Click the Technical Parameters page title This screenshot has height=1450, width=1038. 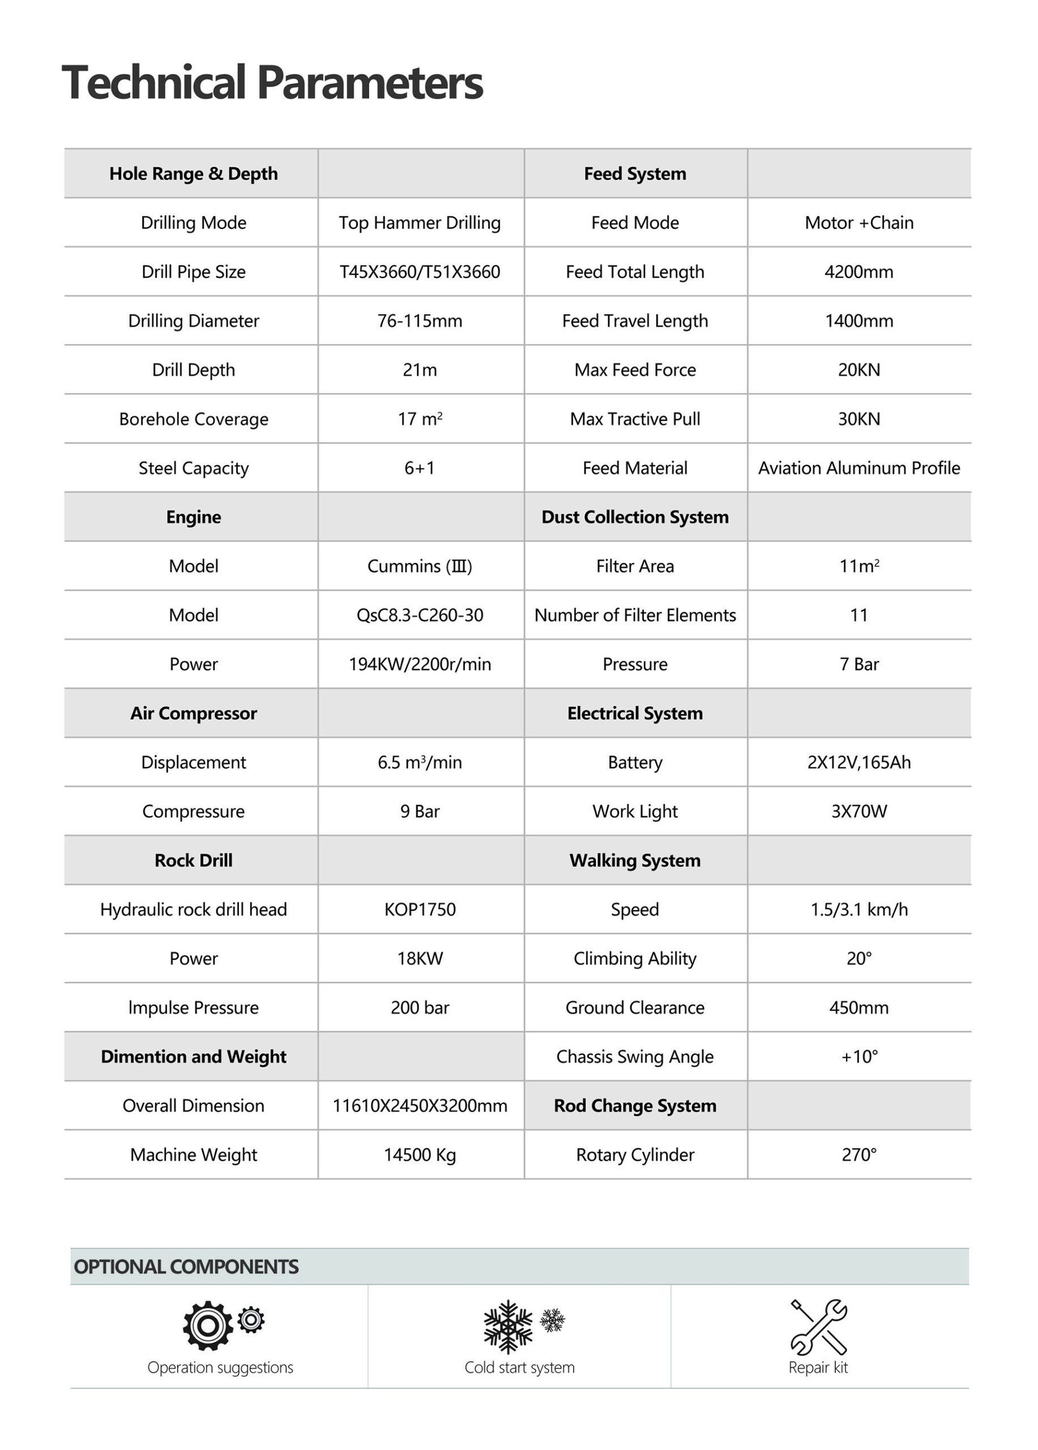point(272,83)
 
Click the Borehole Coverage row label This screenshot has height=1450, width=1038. point(193,419)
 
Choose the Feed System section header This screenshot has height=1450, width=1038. point(635,174)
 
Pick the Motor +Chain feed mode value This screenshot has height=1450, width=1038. point(858,223)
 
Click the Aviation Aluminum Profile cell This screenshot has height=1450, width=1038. point(858,468)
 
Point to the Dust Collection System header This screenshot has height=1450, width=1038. point(635,517)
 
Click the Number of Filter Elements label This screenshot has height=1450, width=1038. point(635,615)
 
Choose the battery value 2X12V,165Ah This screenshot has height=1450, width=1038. point(858,762)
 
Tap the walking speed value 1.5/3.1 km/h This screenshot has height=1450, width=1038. point(858,909)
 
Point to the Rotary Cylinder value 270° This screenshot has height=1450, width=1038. point(858,1155)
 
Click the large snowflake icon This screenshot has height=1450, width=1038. point(507,1327)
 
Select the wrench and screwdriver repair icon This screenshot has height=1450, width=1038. point(819,1327)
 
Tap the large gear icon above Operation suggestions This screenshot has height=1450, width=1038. point(207,1326)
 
